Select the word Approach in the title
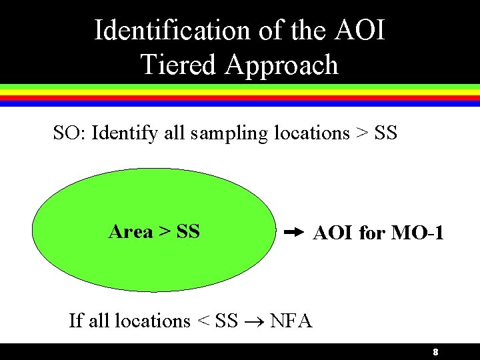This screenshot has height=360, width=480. (282, 65)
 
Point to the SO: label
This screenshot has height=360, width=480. (69, 133)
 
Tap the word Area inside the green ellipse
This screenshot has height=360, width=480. (131, 231)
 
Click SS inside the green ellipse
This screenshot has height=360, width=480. (189, 231)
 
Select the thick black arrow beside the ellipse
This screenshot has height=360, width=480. (293, 233)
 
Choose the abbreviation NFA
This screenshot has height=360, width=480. (291, 321)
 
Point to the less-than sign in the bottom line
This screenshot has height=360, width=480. (203, 321)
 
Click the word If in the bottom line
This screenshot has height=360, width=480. (76, 321)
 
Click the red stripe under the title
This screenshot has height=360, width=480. (240, 98)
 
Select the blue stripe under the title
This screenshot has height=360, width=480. (240, 104)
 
